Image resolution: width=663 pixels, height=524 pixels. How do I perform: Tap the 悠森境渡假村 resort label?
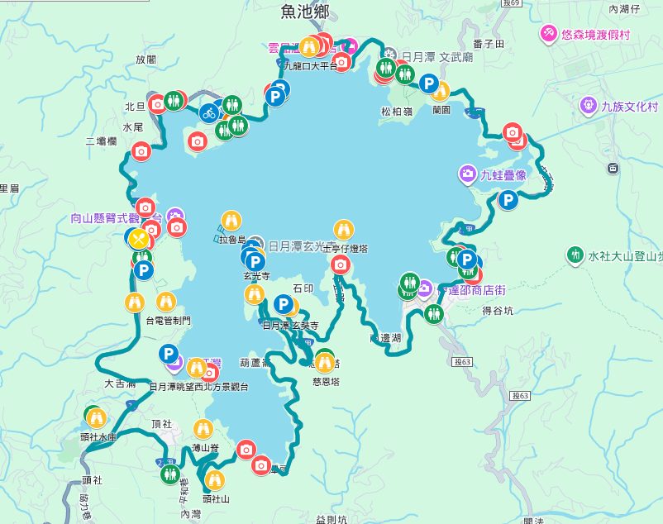point(595,35)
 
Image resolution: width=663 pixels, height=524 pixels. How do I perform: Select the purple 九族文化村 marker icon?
point(588,106)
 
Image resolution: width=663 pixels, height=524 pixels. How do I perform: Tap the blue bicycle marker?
point(208,112)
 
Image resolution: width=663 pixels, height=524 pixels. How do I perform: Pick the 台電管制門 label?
point(168,320)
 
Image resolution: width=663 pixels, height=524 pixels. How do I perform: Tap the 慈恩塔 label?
point(327,381)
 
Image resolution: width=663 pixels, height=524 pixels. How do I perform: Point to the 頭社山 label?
point(215,499)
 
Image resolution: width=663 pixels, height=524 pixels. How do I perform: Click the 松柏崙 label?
point(397,111)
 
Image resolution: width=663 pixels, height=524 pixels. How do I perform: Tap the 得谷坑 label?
point(498,311)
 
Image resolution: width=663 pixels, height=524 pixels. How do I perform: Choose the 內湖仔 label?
point(624,9)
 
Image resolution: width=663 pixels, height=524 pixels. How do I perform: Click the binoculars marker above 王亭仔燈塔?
point(344,230)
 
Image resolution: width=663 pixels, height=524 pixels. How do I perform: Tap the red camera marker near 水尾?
point(141,150)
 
